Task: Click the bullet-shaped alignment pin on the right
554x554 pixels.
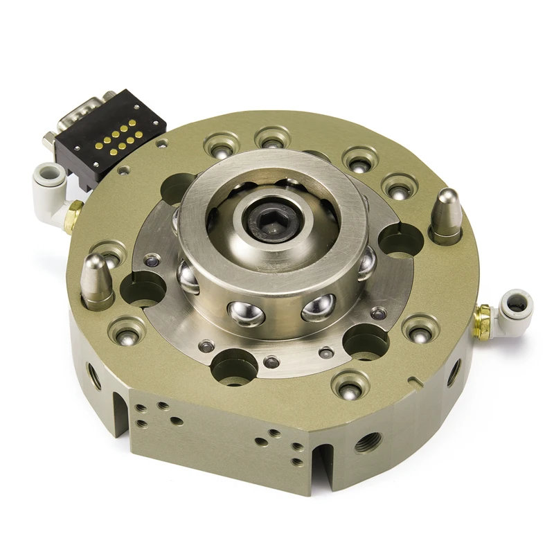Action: coord(445,211)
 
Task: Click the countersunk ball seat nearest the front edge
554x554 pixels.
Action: coord(352,382)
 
